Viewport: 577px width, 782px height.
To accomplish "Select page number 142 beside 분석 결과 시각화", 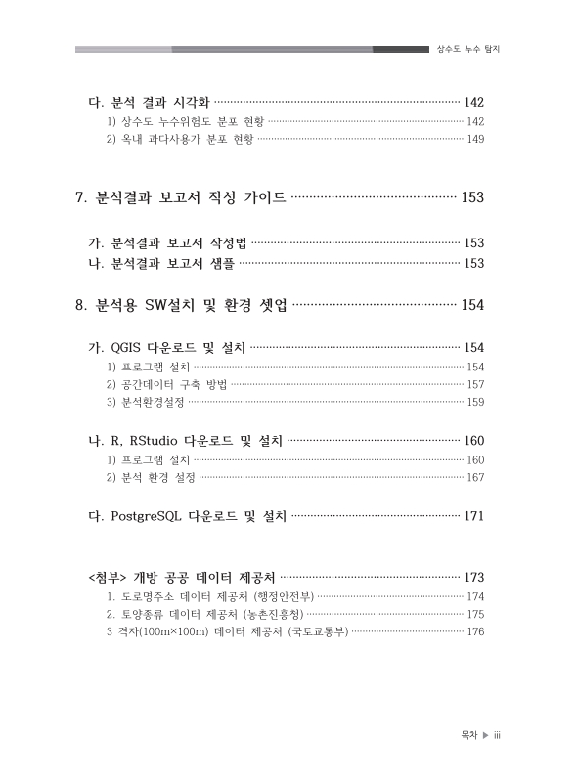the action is click(473, 102).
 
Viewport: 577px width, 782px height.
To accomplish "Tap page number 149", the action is click(476, 139).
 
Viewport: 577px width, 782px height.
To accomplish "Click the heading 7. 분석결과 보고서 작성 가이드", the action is click(181, 198).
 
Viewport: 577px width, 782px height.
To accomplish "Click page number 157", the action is click(476, 384).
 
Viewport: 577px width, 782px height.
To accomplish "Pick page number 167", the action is click(476, 478).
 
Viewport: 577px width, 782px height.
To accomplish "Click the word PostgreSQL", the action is click(146, 515).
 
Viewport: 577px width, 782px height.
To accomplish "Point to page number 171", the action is click(473, 515).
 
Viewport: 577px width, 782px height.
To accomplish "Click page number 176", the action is click(476, 631).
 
